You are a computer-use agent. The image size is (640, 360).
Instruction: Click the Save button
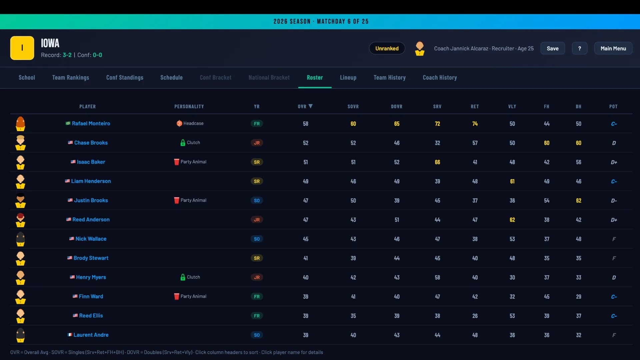(552, 48)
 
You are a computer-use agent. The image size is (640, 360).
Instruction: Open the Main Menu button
(613, 48)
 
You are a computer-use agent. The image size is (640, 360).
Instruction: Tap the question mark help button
(579, 48)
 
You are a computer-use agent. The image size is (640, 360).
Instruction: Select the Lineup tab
(348, 78)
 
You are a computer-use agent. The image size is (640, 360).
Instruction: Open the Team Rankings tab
(71, 78)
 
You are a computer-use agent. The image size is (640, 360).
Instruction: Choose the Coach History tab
(440, 78)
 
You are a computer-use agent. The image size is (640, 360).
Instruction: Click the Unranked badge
(387, 48)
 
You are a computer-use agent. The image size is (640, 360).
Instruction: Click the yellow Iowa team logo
(22, 48)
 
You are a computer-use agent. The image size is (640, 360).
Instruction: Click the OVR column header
(302, 107)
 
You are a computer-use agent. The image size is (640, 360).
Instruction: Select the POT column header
(613, 107)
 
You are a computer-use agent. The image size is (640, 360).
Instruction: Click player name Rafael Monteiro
(91, 124)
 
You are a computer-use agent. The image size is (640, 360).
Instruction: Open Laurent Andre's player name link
(91, 335)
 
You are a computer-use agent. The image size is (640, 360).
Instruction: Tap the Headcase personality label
(193, 123)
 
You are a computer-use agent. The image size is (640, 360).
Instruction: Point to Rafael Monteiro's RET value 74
(475, 124)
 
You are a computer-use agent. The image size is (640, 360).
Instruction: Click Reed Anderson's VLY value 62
(512, 220)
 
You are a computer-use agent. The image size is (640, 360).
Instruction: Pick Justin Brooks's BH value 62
(578, 201)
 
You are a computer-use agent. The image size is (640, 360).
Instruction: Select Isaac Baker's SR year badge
(257, 162)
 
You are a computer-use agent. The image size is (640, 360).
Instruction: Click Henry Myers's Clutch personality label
(193, 277)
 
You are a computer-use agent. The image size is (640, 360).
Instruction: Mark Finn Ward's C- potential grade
(614, 297)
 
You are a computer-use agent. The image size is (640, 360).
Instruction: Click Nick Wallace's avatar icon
(20, 239)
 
